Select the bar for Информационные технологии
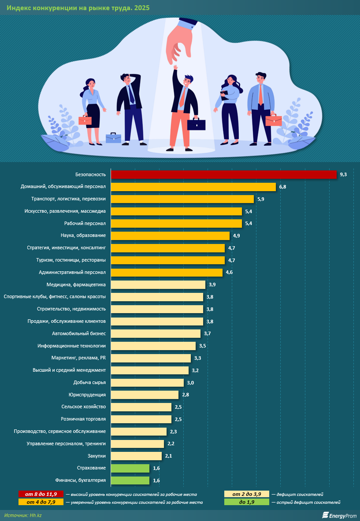[153, 346]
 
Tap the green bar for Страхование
[130, 468]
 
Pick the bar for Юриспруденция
[145, 395]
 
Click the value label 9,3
[343, 175]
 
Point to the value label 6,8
[282, 187]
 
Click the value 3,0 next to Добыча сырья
[190, 383]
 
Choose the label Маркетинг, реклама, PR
[78, 358]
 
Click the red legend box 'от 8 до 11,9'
[40, 494]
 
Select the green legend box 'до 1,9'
[246, 502]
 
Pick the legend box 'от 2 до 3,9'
[246, 494]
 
